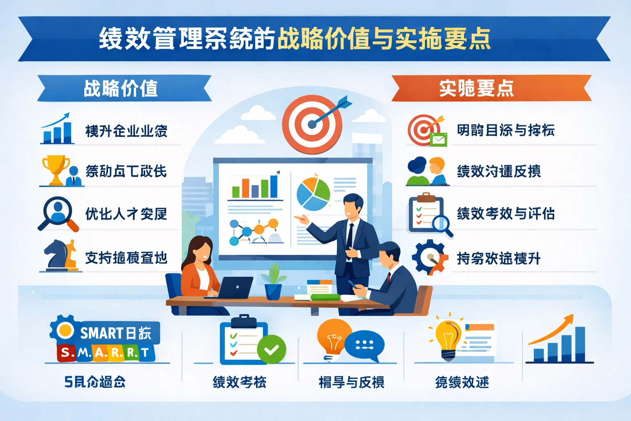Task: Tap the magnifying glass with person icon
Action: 57,212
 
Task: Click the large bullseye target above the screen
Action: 312,124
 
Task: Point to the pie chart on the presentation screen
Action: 313,194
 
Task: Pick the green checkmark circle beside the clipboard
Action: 271,349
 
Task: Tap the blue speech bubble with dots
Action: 364,345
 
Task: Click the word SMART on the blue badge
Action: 101,333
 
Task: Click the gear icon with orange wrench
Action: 429,257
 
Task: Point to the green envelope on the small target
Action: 438,140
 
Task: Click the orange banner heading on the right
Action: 491,88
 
